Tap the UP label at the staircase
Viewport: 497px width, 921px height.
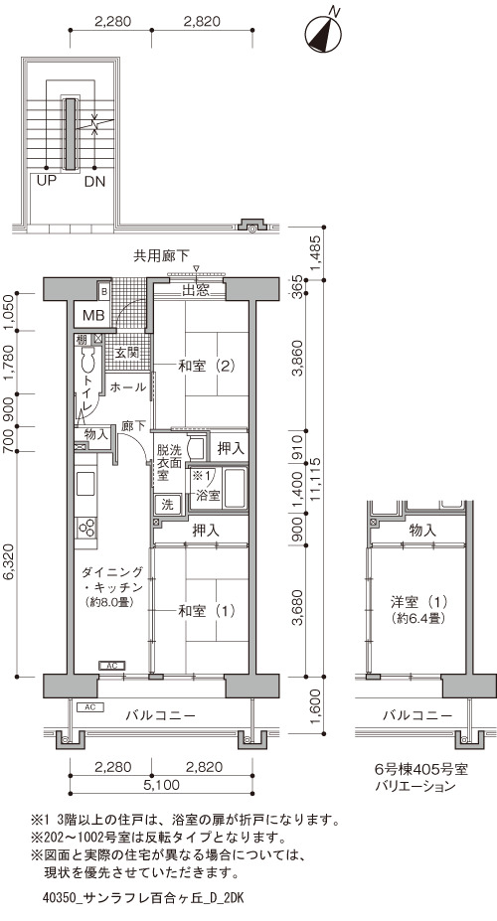(x=47, y=181)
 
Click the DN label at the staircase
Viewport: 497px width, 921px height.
(x=94, y=182)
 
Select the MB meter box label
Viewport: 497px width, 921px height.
(x=93, y=315)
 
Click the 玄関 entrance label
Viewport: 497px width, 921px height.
(x=125, y=353)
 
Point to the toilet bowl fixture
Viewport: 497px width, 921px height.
(x=88, y=359)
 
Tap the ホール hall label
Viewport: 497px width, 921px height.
(x=128, y=387)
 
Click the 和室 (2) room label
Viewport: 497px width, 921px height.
(x=207, y=366)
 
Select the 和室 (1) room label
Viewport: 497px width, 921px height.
(x=207, y=611)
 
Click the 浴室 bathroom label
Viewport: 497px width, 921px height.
(x=208, y=495)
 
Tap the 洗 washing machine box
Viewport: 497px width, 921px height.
(x=167, y=505)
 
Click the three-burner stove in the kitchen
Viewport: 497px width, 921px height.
(x=86, y=527)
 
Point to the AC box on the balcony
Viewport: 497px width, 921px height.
(x=89, y=706)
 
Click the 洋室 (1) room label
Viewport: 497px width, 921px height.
(x=419, y=602)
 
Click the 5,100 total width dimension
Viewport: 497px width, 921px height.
(x=160, y=785)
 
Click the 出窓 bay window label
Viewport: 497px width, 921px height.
(x=196, y=290)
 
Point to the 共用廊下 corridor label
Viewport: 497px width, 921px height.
(x=162, y=255)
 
